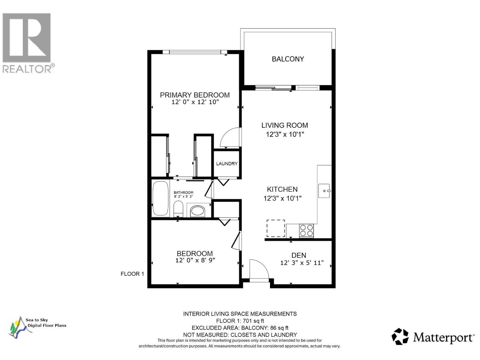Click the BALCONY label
click(288, 59)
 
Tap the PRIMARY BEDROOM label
click(195, 95)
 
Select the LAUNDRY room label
click(227, 163)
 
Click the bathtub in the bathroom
click(160, 198)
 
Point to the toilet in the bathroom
click(178, 208)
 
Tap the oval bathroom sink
click(197, 211)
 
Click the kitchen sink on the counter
click(324, 191)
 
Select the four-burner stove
click(306, 230)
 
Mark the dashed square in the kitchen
click(276, 228)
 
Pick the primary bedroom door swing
click(230, 138)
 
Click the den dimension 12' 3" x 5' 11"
click(302, 263)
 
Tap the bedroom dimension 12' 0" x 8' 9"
click(195, 260)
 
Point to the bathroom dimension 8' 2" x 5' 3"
click(183, 196)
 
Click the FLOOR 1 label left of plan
click(132, 274)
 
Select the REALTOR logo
click(27, 42)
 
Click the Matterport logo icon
click(400, 336)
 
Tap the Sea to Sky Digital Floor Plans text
click(46, 323)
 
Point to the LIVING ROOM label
click(284, 125)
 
